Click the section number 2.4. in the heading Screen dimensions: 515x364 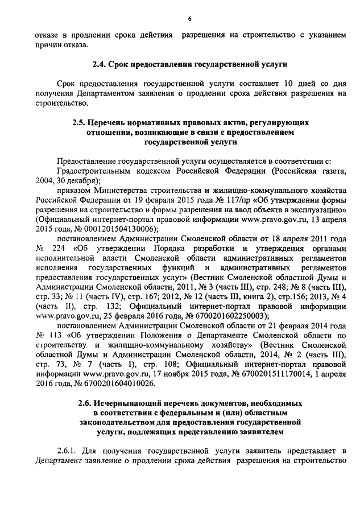(100, 64)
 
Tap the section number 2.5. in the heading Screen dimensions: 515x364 (80, 122)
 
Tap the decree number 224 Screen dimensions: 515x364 (57, 248)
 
